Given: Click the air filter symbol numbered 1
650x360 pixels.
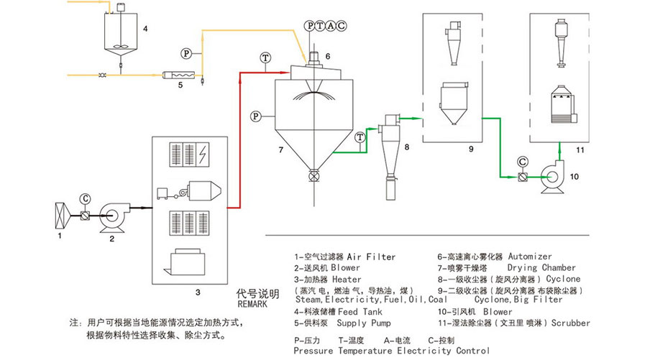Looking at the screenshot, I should [x=61, y=215].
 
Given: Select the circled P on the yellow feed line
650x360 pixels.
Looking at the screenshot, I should [x=186, y=53].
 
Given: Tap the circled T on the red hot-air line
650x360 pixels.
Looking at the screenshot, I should [x=266, y=57].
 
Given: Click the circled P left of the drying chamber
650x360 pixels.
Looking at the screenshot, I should [x=255, y=115].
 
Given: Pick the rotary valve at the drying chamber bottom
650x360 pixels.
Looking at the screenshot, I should [x=314, y=175].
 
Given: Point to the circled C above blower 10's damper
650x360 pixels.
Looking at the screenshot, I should [x=522, y=162].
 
